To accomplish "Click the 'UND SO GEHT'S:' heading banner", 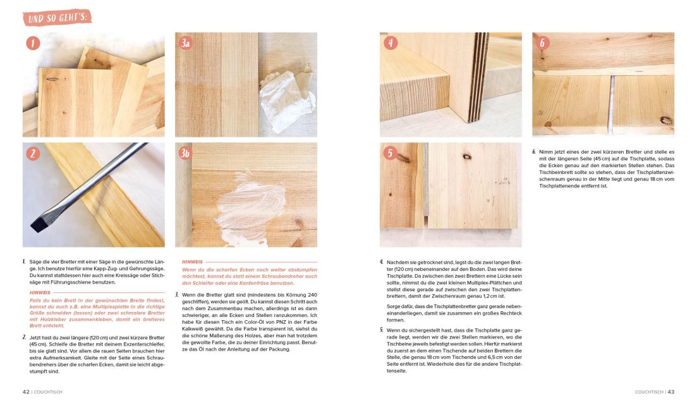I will point(57,17).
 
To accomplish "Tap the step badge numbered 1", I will point(33,43).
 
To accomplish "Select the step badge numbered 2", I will point(33,154).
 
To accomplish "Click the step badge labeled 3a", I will point(185,43).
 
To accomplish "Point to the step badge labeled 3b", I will point(185,154).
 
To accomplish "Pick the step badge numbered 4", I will point(390,43).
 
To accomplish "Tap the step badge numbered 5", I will point(390,154).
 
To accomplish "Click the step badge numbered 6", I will point(542,43).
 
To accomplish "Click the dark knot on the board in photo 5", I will point(466,156).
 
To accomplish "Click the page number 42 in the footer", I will point(26,392).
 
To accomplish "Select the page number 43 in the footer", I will point(670,392).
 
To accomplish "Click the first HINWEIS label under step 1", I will point(40,292).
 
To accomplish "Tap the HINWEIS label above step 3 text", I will point(192,261).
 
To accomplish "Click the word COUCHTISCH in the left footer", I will point(48,392).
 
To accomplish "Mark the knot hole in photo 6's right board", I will point(665,120).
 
